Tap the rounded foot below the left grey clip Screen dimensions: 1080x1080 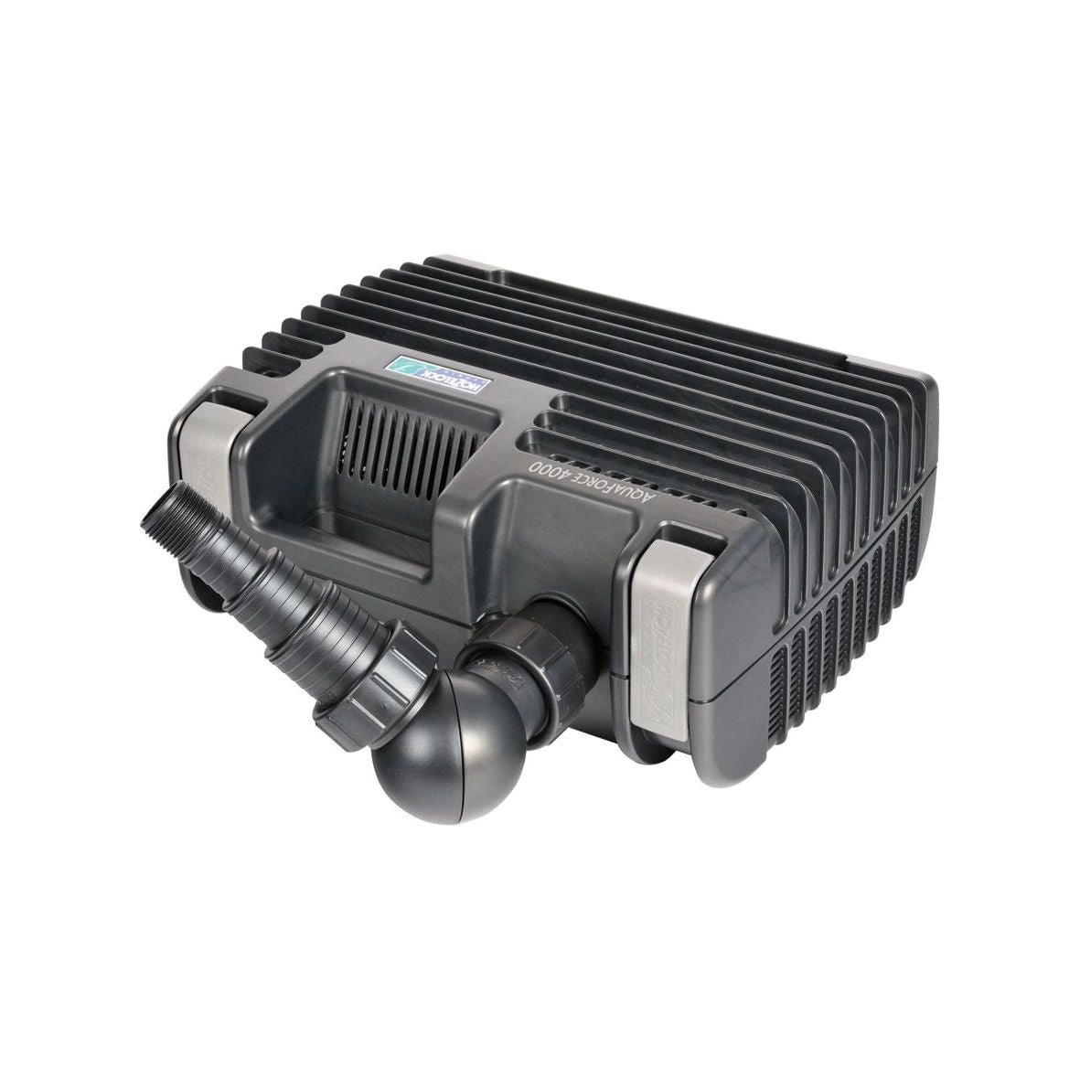[x=206, y=585]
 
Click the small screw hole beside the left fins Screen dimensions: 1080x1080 [x=272, y=372]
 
